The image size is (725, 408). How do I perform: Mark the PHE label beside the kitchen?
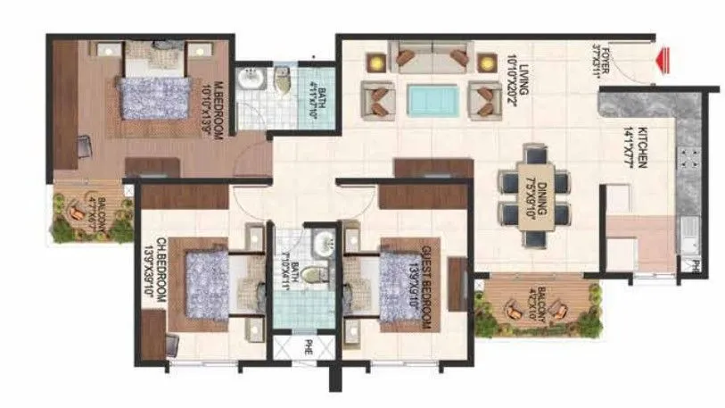(x=688, y=265)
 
